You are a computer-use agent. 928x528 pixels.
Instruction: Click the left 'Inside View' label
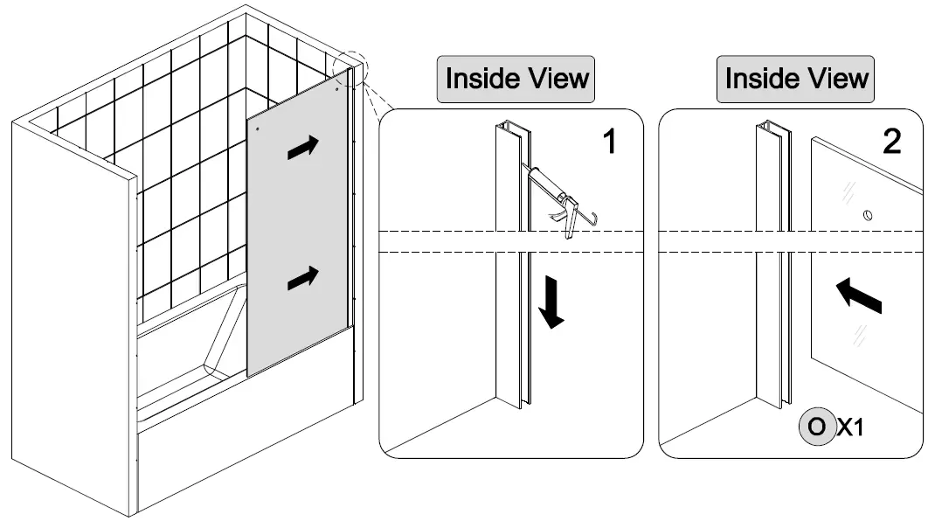coord(517,79)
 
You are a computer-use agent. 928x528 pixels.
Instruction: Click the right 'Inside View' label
coord(797,79)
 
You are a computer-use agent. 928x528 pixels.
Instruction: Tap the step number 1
coord(610,140)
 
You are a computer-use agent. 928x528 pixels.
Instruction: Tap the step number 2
coord(891,140)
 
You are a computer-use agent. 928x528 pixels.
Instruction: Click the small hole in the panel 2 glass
coord(867,214)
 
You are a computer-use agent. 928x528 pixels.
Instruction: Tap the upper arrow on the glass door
coord(302,148)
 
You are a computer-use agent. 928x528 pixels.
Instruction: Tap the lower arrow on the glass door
coord(302,278)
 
